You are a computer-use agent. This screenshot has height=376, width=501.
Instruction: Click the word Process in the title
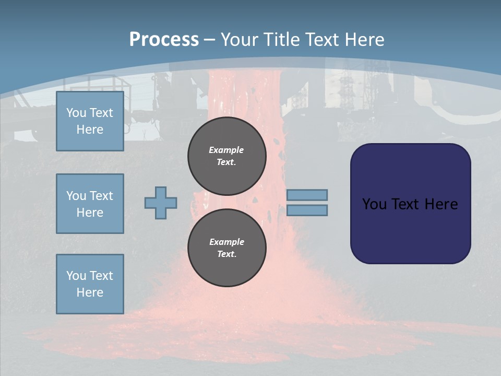[x=164, y=40]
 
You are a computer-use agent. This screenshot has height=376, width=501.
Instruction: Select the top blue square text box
[x=90, y=121]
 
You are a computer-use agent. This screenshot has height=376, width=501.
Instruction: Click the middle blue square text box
[x=90, y=204]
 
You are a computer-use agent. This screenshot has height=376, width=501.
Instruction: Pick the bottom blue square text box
[x=90, y=284]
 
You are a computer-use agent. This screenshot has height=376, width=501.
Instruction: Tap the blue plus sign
[x=161, y=203]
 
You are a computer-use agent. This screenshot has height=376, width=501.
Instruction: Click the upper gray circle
[x=227, y=156]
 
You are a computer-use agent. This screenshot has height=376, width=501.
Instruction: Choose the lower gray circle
[x=227, y=248]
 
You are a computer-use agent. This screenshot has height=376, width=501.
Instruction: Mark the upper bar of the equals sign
[x=307, y=195]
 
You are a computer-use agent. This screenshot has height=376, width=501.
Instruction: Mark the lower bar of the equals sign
[x=307, y=210]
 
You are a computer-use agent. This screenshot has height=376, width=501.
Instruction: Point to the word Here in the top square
[x=90, y=130]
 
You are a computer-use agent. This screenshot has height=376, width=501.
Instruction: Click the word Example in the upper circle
[x=226, y=150]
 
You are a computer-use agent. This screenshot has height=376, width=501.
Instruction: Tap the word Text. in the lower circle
[x=226, y=254]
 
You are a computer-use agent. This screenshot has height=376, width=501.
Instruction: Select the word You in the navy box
[x=374, y=204]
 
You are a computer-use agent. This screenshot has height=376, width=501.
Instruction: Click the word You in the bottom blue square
[x=76, y=276]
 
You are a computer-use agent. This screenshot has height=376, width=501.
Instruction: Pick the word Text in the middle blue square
[x=102, y=196]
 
